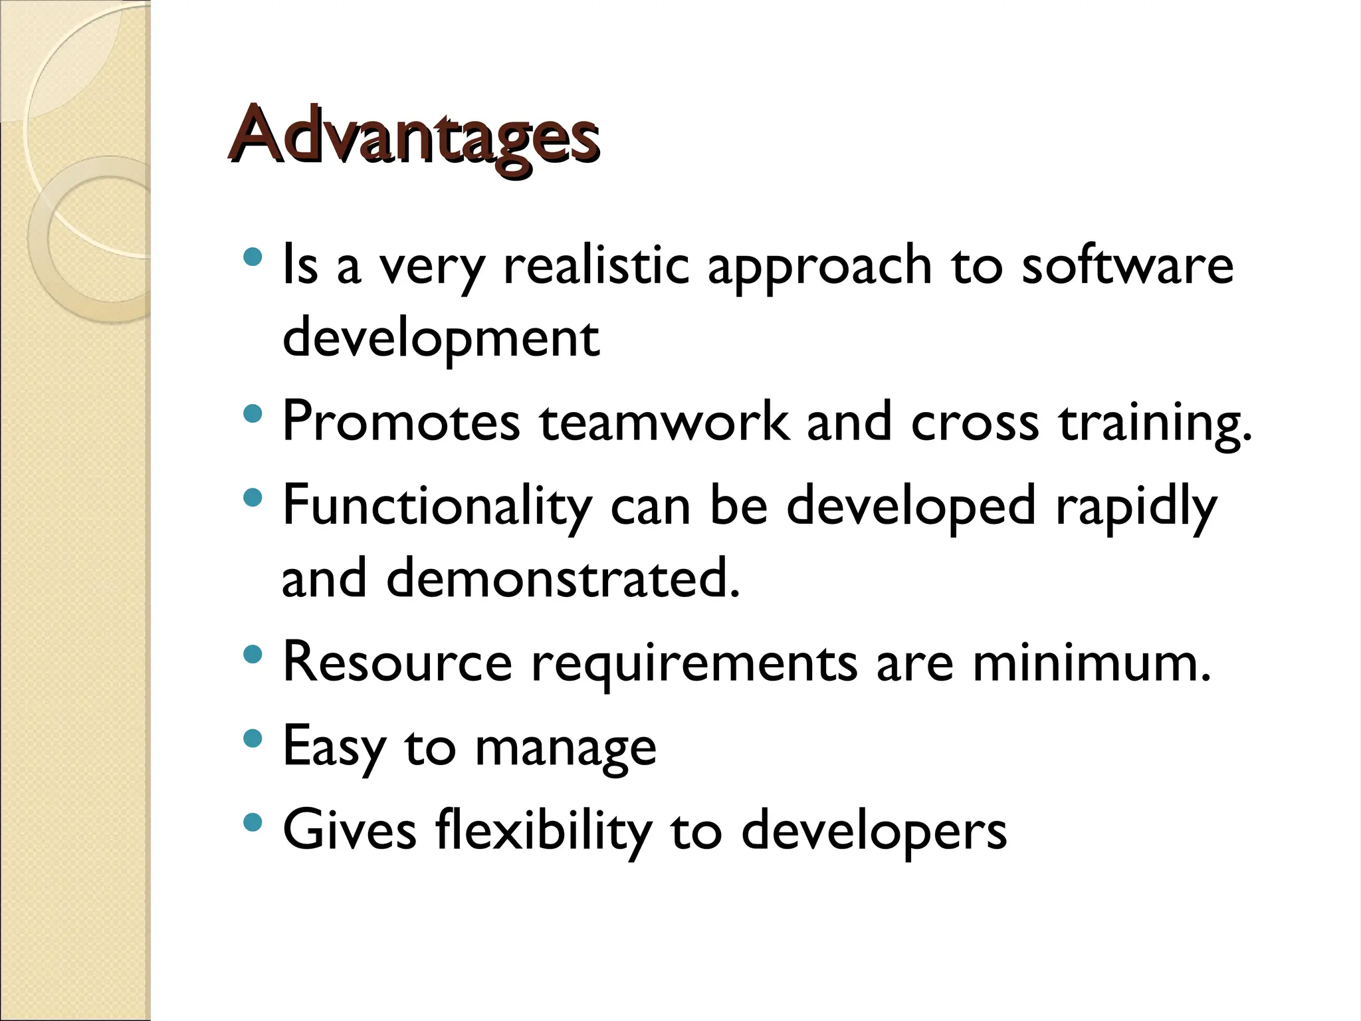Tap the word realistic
(x=596, y=266)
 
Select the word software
(x=1127, y=266)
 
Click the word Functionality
(x=437, y=507)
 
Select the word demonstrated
(x=562, y=578)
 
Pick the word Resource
(x=397, y=662)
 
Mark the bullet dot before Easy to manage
(x=253, y=738)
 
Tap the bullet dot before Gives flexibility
(x=253, y=823)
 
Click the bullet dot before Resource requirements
(x=253, y=655)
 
